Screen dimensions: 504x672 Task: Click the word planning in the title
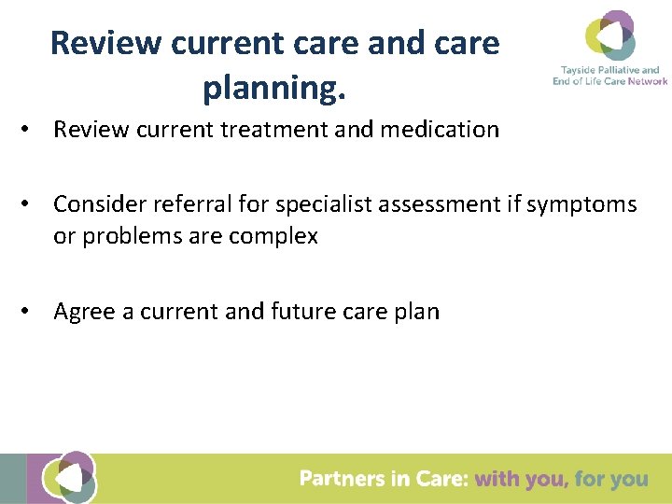[x=273, y=88]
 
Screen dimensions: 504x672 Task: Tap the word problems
[x=126, y=237]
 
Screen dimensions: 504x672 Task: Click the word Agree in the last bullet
[x=83, y=312]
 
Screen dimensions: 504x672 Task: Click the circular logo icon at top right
[x=609, y=36]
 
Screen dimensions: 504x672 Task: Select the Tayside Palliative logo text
[x=609, y=76]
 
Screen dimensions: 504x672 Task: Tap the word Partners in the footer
[x=340, y=479]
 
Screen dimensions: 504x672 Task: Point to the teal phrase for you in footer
[x=611, y=479]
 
